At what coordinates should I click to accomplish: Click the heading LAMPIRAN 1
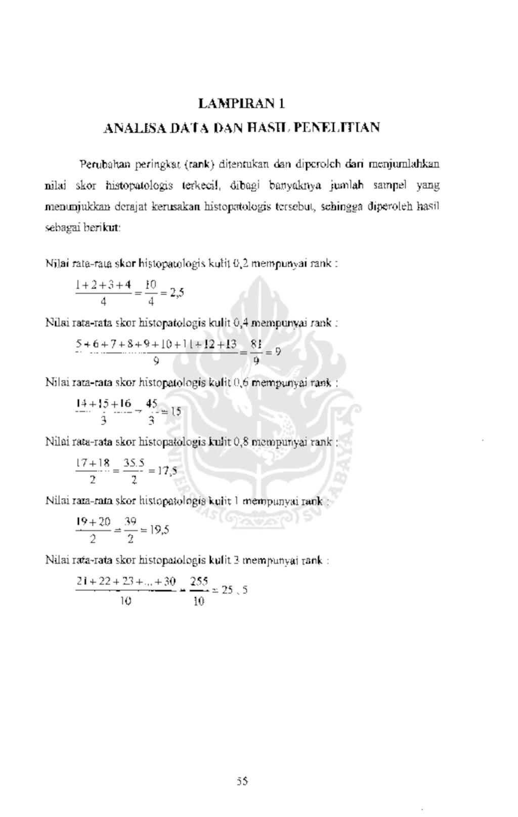coord(241,104)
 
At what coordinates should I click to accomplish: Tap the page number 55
coord(242,781)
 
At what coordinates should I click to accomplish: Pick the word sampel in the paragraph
coord(390,186)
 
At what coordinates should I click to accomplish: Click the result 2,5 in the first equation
coord(177,293)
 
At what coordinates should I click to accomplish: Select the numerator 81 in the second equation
coord(256,344)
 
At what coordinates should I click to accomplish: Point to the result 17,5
coord(166,471)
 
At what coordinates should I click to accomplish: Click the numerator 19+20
coord(93,521)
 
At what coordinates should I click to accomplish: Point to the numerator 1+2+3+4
coord(103,284)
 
